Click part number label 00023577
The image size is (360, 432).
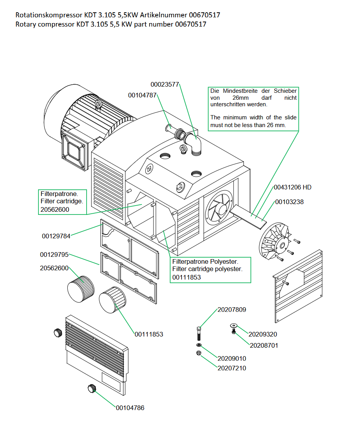pos(165,85)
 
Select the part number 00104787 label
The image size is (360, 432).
pos(142,95)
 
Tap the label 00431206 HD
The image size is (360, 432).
pos(292,188)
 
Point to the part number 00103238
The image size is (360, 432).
pos(289,202)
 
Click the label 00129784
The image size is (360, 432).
pos(56,236)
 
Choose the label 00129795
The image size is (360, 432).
pos(54,255)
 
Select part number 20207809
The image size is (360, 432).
pos(232,310)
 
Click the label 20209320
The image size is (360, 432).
pos(263,334)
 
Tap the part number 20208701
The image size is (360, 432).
pos(264,345)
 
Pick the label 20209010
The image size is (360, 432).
pos(232,358)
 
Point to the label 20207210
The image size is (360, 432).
pos(232,368)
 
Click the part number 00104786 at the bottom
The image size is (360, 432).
pos(130,408)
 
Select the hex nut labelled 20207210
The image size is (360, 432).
pos(198,353)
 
